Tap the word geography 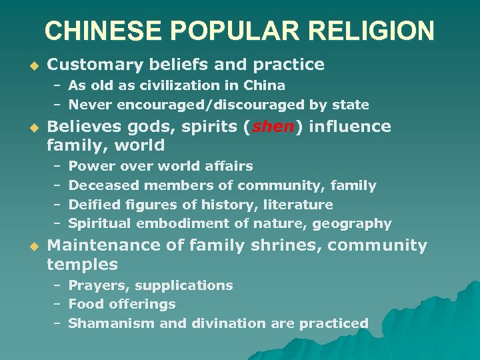click(x=355, y=223)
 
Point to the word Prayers click(x=99, y=285)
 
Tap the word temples click(x=82, y=265)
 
